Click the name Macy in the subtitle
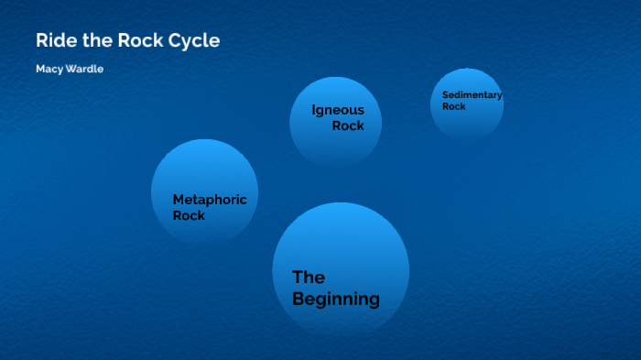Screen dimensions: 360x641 pyautogui.click(x=48, y=70)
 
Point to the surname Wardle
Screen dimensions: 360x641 pyautogui.click(x=83, y=70)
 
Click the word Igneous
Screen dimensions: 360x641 pyautogui.click(x=337, y=110)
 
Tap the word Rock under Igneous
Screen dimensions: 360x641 pyautogui.click(x=348, y=125)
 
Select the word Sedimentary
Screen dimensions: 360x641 pyautogui.click(x=472, y=94)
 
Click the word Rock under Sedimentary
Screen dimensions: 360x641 pyautogui.click(x=454, y=106)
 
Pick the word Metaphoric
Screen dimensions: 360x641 pyautogui.click(x=210, y=200)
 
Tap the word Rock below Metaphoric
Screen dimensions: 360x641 pyautogui.click(x=189, y=215)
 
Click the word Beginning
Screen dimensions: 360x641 pyautogui.click(x=335, y=299)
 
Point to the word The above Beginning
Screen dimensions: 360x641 pyautogui.click(x=309, y=277)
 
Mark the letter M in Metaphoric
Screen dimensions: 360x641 pyautogui.click(x=179, y=200)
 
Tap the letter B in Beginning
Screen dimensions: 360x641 pyautogui.click(x=299, y=299)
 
